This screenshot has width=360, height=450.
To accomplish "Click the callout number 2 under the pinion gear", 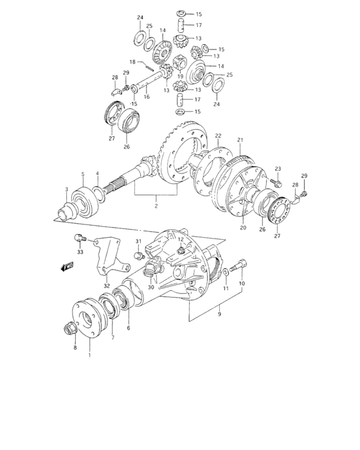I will tap(156, 206).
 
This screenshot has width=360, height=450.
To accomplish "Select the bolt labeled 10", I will tap(241, 263).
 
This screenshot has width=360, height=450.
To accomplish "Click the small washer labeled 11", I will tap(226, 273).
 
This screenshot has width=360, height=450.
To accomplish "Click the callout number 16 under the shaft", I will tap(147, 97).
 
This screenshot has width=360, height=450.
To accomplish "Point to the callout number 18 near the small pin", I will tap(132, 63).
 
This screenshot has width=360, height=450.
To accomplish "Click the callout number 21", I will tap(240, 139).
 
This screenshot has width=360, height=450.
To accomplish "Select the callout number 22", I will tap(218, 136).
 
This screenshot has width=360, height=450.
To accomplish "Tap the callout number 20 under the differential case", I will tap(244, 226).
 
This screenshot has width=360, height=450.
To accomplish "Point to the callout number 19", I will tap(181, 76).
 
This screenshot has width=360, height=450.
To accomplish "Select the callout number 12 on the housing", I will tap(181, 239).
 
